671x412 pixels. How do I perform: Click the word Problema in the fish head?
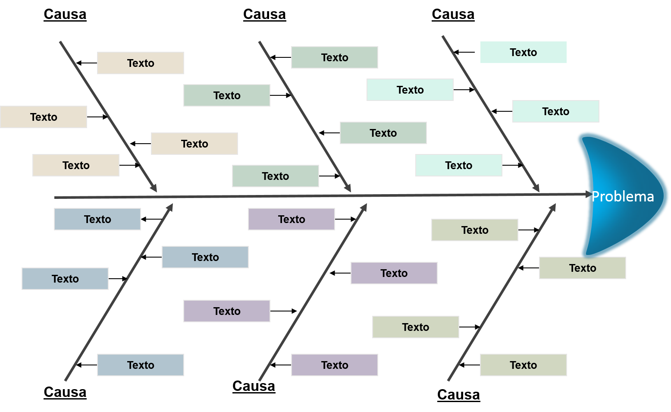pos(622,197)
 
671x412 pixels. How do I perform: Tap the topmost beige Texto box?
pos(141,63)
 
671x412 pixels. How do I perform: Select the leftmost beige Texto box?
pos(44,117)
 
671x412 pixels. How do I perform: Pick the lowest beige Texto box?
pos(76,165)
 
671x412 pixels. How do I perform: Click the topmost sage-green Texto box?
pos(335,57)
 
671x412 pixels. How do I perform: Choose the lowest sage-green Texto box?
pos(276,176)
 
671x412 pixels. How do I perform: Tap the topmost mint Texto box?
pos(524,52)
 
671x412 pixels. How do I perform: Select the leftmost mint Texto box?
pos(410,90)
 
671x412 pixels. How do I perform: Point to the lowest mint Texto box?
pos(459,165)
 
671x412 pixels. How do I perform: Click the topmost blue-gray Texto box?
pos(97,219)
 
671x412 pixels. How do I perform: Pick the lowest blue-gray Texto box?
pos(141,365)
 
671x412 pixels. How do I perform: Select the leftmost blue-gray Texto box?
pos(65,279)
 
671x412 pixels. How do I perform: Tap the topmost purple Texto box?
pos(292,219)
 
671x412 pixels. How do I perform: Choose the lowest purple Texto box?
pos(335,365)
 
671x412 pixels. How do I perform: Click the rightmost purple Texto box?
pos(394,273)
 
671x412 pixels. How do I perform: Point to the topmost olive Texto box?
pos(475,230)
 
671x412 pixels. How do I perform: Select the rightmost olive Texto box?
pos(583,268)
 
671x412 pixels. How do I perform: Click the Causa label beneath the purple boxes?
pos(254,386)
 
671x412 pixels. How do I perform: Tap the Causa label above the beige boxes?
pos(65,14)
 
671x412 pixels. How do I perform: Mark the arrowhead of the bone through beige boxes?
pos(154,189)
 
